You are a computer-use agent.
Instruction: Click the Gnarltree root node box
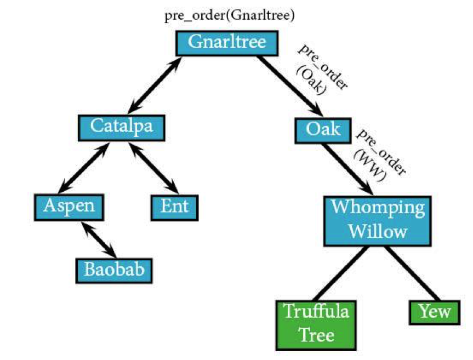coord(227,43)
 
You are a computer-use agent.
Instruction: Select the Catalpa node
coord(122,128)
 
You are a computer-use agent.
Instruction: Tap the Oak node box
coord(323,130)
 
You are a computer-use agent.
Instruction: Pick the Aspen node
coord(69,207)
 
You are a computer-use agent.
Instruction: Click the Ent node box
coord(175,208)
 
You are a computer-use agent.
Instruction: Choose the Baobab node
coord(114,271)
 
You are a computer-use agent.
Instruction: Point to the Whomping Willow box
coord(378,221)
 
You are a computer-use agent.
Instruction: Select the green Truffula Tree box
coord(316,325)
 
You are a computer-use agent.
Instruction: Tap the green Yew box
coord(435,312)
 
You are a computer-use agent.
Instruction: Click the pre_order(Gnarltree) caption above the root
coord(229,15)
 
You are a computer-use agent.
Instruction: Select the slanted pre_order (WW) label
coord(380,155)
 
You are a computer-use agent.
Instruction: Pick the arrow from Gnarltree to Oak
coord(290,86)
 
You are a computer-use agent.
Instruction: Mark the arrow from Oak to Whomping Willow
coord(347,169)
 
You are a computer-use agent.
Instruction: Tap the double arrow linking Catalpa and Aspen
coord(83,168)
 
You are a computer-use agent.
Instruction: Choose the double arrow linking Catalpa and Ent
coord(154,168)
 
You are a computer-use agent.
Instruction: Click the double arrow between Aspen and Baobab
coord(99,239)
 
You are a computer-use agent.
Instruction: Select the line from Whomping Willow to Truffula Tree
coord(341,273)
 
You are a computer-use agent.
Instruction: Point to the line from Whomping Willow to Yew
coord(412,273)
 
